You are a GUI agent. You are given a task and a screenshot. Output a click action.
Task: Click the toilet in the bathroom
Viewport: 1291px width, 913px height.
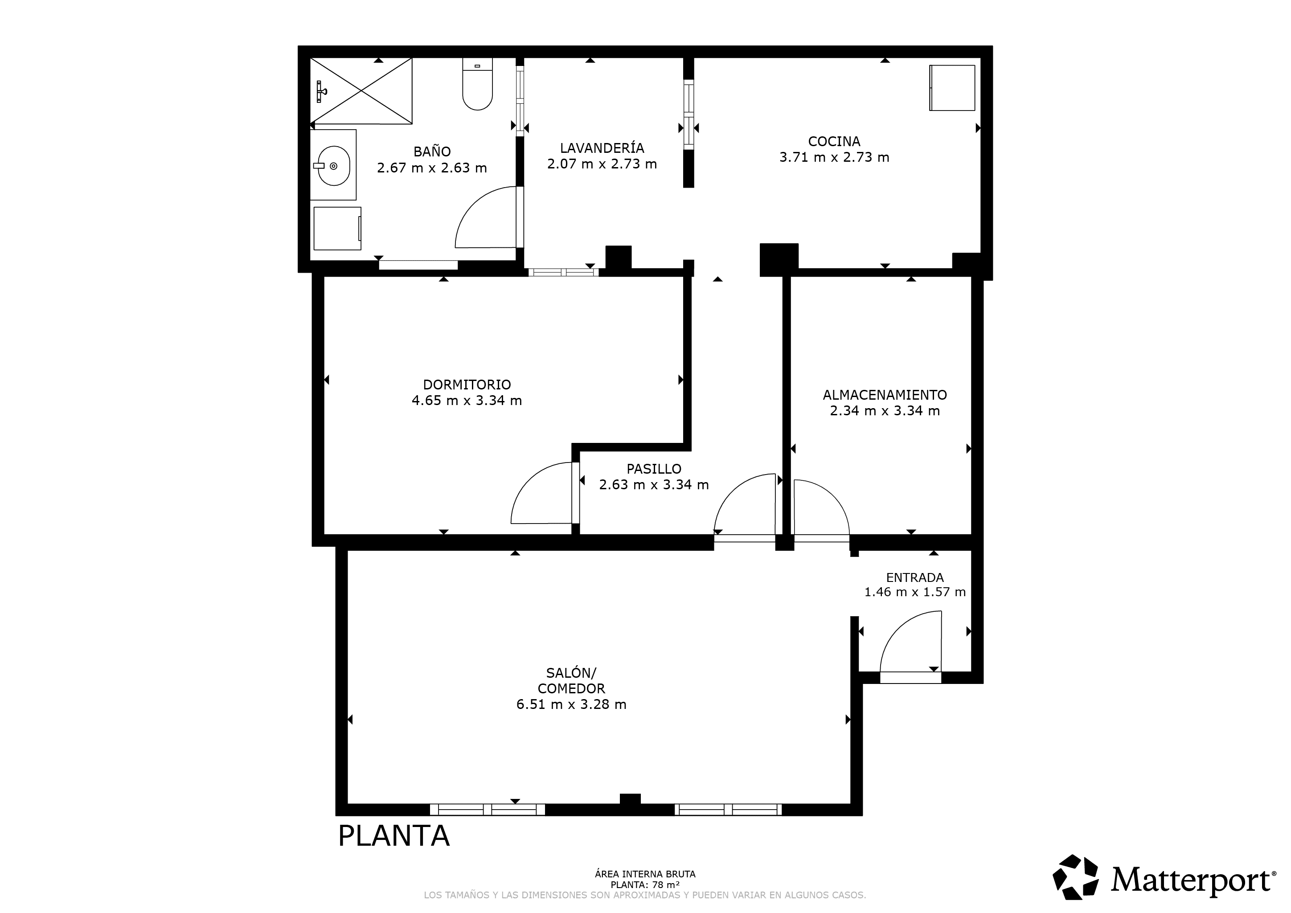coord(477,84)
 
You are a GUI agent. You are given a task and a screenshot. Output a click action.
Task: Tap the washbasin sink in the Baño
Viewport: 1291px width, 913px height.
coord(334,166)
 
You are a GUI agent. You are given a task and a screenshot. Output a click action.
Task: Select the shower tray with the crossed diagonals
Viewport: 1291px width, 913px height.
coord(361,90)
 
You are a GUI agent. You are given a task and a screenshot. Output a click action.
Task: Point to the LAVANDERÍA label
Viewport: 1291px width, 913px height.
coord(602,148)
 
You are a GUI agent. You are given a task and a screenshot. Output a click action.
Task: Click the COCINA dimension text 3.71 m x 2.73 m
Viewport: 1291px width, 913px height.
coord(834,157)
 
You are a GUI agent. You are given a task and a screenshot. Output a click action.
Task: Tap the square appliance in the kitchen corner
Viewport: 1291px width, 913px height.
coord(952,88)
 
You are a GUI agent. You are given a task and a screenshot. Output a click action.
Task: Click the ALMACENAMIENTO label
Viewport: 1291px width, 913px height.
coord(885,395)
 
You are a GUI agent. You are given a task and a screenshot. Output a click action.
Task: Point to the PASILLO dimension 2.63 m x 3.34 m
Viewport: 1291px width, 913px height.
coord(654,485)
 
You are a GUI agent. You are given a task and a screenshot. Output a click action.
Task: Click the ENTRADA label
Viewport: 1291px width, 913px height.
coord(915,577)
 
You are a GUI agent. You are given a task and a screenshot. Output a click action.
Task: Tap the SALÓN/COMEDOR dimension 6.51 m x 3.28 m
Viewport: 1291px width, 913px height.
coord(571,704)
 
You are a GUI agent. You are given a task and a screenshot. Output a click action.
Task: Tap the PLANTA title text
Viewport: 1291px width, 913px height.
coord(393,836)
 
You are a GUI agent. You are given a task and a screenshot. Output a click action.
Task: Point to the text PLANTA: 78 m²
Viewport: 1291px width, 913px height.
coord(645,884)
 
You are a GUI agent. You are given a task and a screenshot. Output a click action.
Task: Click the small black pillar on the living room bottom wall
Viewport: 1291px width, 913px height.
coord(630,799)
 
